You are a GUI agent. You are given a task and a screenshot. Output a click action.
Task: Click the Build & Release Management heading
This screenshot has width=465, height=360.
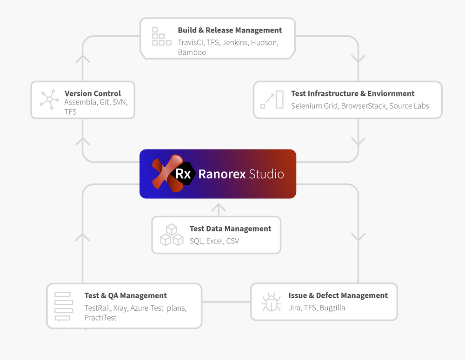[x=230, y=30]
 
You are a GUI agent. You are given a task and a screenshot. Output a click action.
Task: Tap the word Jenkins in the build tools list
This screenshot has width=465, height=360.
[x=235, y=42]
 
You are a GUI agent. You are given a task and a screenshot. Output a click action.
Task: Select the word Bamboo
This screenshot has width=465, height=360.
[x=192, y=52]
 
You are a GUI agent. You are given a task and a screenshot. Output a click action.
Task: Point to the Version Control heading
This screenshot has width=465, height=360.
[x=93, y=93]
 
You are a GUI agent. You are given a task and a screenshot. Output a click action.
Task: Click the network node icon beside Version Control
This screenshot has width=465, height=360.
[x=49, y=99]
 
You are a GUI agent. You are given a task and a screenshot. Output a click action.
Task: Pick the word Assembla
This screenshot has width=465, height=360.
[x=80, y=102]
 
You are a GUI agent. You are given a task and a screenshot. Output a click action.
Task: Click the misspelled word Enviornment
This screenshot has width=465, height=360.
[x=391, y=93]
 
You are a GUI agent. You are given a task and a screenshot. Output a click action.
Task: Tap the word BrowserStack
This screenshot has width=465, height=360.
[x=363, y=106]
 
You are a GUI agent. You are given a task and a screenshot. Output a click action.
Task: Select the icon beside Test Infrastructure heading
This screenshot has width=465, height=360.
[x=272, y=100]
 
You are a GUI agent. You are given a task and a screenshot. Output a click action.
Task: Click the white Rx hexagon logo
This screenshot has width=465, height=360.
[x=183, y=174]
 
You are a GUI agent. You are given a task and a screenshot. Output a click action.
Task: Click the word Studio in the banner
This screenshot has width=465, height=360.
[x=266, y=174]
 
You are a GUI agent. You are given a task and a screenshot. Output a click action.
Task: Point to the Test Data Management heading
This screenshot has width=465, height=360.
[x=230, y=229]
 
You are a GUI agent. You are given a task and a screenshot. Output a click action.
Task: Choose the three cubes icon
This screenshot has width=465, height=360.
[x=172, y=235]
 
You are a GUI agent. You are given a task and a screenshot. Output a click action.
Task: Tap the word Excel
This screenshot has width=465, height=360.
[x=215, y=241]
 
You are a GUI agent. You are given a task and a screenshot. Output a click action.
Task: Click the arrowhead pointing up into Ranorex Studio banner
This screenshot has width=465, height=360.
[x=218, y=208]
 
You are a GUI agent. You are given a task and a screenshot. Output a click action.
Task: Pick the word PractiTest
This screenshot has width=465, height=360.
[x=100, y=318]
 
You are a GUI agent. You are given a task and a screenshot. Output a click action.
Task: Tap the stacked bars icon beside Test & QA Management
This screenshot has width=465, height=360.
[x=62, y=306]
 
